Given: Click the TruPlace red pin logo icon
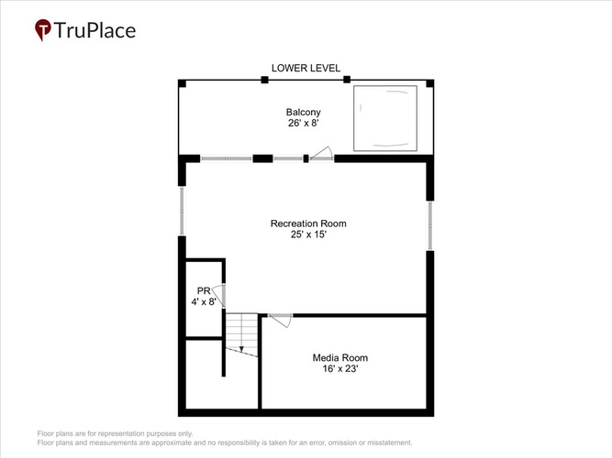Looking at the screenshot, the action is (x=43, y=29).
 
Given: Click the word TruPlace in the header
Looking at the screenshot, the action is (x=95, y=30).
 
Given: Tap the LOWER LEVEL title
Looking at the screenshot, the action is (x=306, y=68).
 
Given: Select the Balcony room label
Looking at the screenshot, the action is (x=304, y=113).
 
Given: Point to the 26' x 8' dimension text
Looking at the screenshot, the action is (x=304, y=123).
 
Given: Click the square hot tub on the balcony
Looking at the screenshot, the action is (x=385, y=118).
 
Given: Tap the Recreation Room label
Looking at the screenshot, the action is (x=308, y=224).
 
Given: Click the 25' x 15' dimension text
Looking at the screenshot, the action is (x=308, y=234).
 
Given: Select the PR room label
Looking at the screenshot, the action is (x=204, y=290).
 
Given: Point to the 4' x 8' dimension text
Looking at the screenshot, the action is (x=204, y=301).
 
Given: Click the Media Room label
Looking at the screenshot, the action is (x=340, y=357).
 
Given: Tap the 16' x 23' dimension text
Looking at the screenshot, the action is (x=340, y=368).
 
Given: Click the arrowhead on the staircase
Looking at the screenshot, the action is (x=241, y=349).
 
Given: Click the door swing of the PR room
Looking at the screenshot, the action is (x=219, y=295).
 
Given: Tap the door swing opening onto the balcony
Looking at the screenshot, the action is (x=322, y=153).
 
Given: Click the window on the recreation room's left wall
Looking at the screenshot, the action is (x=182, y=211).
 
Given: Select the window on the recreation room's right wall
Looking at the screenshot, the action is (x=430, y=225).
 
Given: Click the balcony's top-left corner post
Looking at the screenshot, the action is (x=182, y=83).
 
